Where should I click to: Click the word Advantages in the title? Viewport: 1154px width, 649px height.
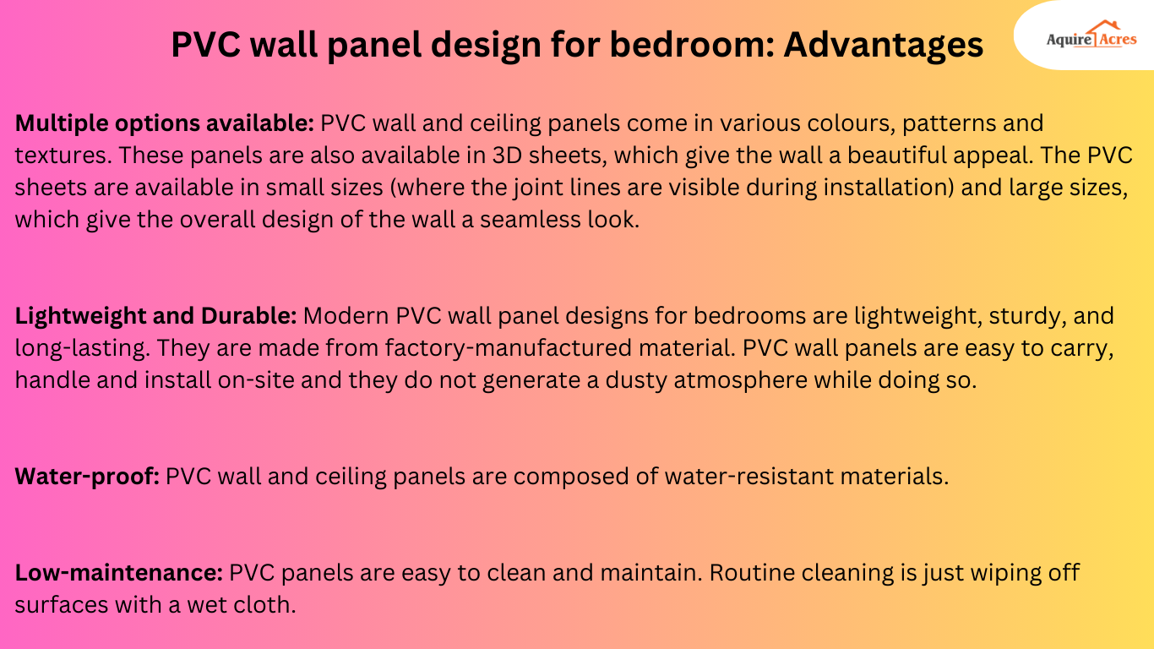click(x=883, y=44)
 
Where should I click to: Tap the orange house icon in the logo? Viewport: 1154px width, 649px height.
click(x=1102, y=31)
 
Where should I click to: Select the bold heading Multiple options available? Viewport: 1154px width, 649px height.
click(x=165, y=123)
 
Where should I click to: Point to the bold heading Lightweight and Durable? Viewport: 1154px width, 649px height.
click(x=155, y=317)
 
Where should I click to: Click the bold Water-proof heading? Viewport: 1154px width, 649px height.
click(x=87, y=477)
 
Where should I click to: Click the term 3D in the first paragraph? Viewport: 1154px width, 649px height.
click(x=485, y=155)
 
